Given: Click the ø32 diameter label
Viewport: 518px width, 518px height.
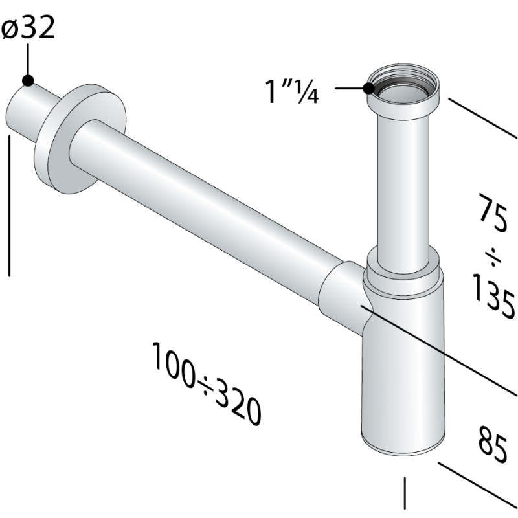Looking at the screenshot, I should pos(28,29).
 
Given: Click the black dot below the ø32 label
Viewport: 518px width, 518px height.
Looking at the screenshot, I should pos(27,80).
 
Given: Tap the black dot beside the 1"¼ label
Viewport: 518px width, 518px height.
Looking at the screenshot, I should pos(370,89).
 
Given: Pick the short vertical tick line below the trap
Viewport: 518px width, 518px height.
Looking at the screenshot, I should pos(405,493).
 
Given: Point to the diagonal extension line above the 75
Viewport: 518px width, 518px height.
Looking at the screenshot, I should pos(482,118).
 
